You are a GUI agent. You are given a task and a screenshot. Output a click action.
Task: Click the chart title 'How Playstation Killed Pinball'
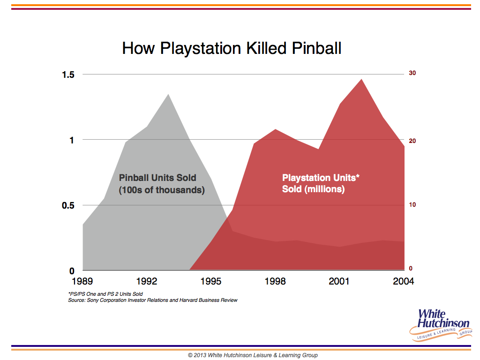[x=232, y=48]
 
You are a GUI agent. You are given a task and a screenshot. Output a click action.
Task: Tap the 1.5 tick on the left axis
[x=68, y=75]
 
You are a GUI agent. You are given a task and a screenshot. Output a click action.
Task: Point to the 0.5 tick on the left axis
[x=68, y=205]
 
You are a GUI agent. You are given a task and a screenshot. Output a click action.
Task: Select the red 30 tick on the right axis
[x=412, y=73]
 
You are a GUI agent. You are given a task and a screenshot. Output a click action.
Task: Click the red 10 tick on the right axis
[x=412, y=205]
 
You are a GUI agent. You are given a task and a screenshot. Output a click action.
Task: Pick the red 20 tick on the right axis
[x=412, y=141]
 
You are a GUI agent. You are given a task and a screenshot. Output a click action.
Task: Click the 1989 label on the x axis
[x=82, y=281]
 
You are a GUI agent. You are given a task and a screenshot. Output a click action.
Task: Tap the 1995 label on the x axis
[x=210, y=281]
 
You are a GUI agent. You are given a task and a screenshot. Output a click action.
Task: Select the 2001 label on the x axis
[x=339, y=281]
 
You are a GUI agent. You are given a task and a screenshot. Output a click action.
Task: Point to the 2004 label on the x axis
[x=404, y=281]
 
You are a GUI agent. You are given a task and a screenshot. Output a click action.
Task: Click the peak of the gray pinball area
[x=168, y=94]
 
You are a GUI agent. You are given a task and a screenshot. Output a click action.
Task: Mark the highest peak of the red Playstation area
[x=361, y=79]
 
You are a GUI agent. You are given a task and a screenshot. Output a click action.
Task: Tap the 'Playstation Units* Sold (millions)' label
[x=321, y=183]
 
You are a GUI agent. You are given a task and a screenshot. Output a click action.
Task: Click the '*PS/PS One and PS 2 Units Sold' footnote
[x=105, y=294]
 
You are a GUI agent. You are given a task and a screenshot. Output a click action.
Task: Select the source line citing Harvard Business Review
[x=153, y=300]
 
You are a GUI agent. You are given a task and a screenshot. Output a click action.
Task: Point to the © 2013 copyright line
[x=253, y=355]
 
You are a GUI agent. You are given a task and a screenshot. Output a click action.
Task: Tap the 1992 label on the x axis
[x=147, y=281]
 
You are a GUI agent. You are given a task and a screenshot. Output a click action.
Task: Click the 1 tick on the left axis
[x=72, y=140]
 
